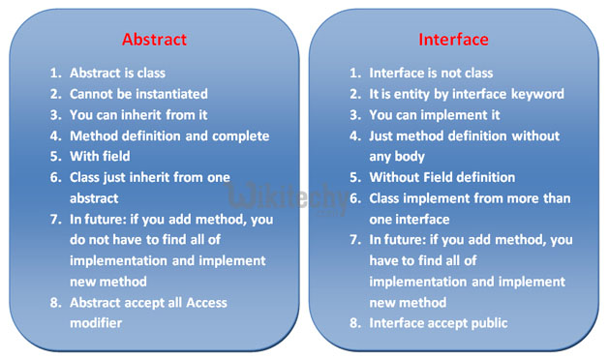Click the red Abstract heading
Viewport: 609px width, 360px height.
pyautogui.click(x=155, y=41)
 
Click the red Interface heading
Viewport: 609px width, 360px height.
pyautogui.click(x=454, y=41)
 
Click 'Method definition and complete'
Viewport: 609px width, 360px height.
pyautogui.click(x=168, y=136)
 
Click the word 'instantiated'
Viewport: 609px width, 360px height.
pyautogui.click(x=173, y=94)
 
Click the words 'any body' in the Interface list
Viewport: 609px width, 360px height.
pyautogui.click(x=398, y=157)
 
